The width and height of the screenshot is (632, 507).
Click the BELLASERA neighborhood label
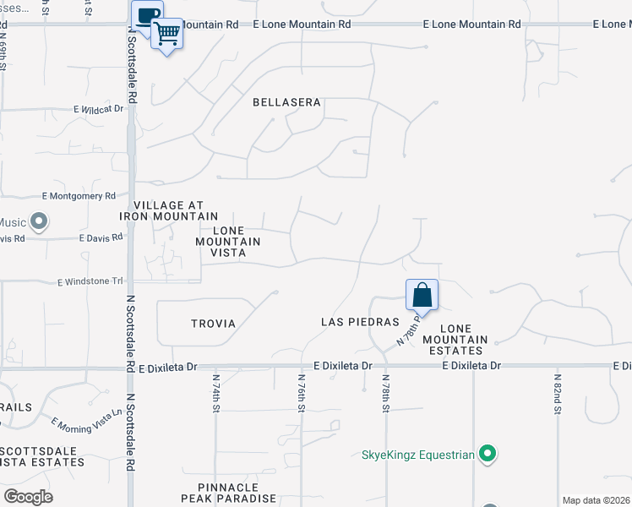(287, 102)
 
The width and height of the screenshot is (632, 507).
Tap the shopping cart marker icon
(168, 34)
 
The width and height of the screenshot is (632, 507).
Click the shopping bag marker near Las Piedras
(422, 295)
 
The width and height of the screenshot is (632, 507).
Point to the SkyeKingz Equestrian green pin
(487, 455)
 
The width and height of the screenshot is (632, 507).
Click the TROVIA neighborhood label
(213, 324)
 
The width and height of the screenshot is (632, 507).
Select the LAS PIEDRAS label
(359, 322)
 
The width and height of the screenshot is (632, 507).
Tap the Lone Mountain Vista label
(228, 242)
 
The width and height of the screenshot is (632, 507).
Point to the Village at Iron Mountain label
(169, 210)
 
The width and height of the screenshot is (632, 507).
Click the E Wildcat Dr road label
(98, 109)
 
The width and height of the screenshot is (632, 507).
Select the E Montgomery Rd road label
(79, 196)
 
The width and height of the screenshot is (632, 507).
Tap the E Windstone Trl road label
(90, 281)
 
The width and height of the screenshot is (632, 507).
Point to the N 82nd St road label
(557, 395)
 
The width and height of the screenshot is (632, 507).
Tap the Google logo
(28, 497)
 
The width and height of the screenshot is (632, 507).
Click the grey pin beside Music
(38, 222)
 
